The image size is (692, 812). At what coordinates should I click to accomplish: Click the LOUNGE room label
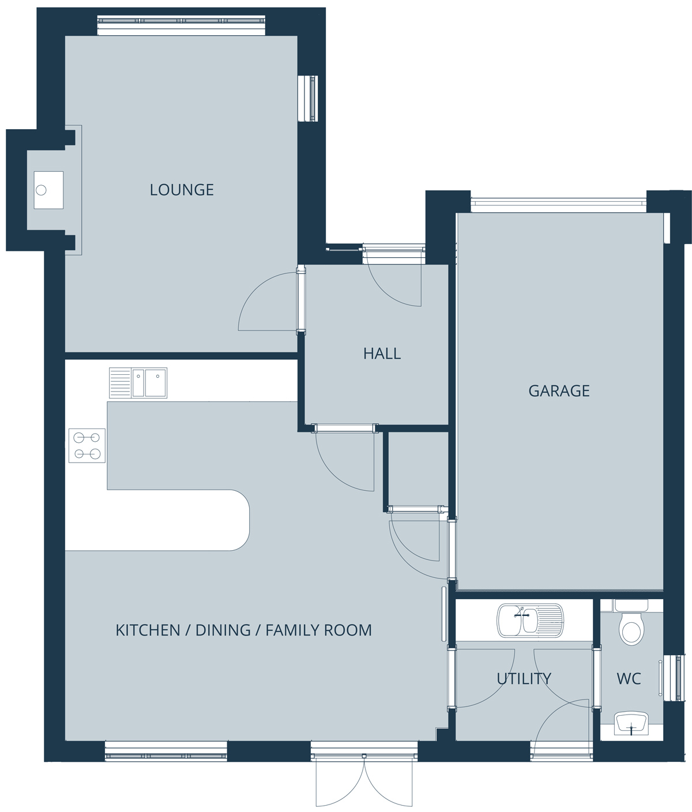coord(182,190)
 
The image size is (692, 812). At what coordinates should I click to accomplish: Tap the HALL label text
coord(382,354)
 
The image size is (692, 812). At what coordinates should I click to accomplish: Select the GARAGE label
coord(559,391)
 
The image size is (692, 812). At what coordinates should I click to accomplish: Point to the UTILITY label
coord(524,678)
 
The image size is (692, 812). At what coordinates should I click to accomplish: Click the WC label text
coord(629,678)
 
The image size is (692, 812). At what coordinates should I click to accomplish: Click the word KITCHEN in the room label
coord(148,630)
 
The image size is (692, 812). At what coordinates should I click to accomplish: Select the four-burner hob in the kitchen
coord(87,445)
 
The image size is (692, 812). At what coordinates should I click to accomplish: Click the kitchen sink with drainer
coord(138,382)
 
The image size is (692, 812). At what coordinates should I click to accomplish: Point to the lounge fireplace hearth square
coord(48,190)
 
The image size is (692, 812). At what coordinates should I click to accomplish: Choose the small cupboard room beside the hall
coord(418,468)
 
